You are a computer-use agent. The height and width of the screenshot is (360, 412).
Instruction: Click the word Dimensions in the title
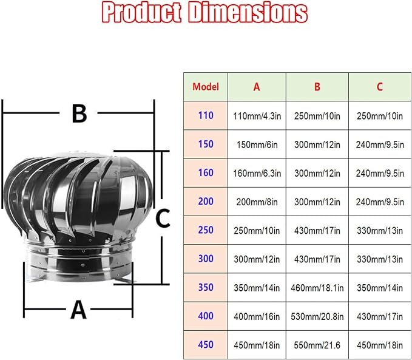tap(248, 13)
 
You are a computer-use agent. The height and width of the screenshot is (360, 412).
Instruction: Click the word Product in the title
tap(141, 13)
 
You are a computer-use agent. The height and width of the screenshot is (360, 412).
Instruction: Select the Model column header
tap(206, 87)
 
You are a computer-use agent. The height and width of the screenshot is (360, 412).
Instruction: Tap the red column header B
tap(317, 87)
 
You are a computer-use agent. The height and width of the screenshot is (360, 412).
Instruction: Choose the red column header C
tap(380, 87)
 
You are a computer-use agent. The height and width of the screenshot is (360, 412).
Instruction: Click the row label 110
tap(206, 115)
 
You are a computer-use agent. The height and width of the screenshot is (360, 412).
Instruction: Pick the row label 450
tap(206, 344)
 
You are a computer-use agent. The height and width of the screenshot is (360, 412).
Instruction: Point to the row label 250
tap(206, 230)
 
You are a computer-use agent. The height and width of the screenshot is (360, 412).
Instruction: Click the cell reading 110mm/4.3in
tap(257, 116)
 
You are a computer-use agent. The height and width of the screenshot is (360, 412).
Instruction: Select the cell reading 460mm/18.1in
tap(317, 288)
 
